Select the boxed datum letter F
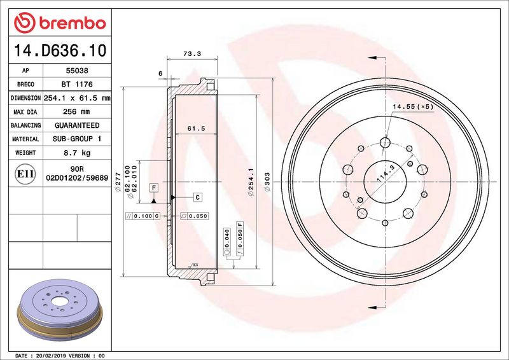click(154, 187)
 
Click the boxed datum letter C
click(197, 197)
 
